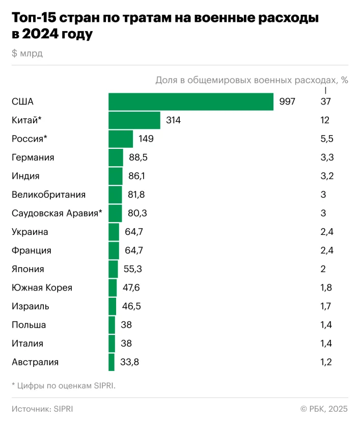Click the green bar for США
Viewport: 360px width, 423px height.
pyautogui.click(x=191, y=102)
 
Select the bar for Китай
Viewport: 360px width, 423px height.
pyautogui.click(x=134, y=120)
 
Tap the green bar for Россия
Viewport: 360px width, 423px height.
pyautogui.click(x=121, y=139)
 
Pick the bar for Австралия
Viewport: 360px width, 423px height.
pyautogui.click(x=112, y=362)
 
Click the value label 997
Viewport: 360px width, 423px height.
pyautogui.click(x=287, y=102)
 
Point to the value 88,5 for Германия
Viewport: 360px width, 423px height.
pyautogui.click(x=138, y=157)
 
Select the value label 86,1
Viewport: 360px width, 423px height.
pyautogui.click(x=136, y=176)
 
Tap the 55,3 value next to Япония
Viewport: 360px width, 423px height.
pyautogui.click(x=132, y=269)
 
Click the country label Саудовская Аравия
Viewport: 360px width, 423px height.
pyautogui.click(x=57, y=213)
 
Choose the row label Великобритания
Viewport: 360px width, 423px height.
pyautogui.click(x=48, y=195)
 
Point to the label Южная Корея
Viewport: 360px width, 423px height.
pyautogui.click(x=42, y=288)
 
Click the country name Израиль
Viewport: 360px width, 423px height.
pyautogui.click(x=30, y=306)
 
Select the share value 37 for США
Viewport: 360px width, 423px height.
pyautogui.click(x=325, y=102)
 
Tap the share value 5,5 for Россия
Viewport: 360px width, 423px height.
pyautogui.click(x=327, y=139)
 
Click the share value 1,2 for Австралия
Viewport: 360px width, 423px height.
pyautogui.click(x=326, y=362)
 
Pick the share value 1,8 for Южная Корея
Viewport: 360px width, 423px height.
pyautogui.click(x=326, y=288)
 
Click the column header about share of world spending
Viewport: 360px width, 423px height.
pyautogui.click(x=252, y=80)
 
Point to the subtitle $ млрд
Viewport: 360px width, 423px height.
pyautogui.click(x=27, y=54)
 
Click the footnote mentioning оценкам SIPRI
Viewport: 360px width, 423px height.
pyautogui.click(x=64, y=386)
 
